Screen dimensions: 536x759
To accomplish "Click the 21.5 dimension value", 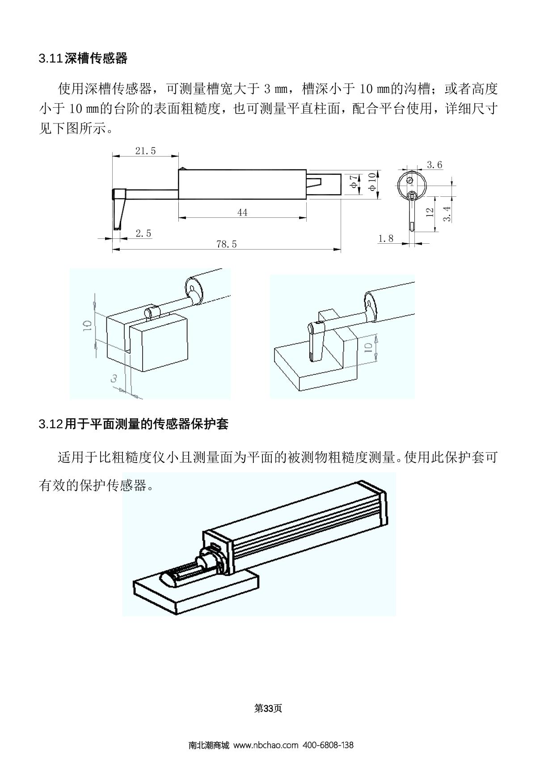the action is (146, 151).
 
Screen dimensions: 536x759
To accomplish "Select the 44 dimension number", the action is (242, 212).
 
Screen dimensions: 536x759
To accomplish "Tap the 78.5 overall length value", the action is (227, 244).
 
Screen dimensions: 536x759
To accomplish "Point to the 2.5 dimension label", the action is (143, 233).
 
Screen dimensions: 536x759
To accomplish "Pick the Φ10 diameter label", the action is (372, 182).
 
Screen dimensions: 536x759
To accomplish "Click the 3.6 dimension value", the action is (435, 165).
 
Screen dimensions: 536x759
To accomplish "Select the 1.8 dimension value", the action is (386, 238).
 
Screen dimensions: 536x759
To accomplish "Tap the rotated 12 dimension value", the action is (430, 212).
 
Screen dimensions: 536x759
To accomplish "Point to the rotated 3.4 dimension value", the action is (447, 214).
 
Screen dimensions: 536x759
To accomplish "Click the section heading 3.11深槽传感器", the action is (83, 58).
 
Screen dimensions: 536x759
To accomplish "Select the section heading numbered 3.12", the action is (133, 424).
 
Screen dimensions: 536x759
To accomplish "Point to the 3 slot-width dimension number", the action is (114, 378).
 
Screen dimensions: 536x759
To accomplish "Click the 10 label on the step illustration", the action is (369, 348).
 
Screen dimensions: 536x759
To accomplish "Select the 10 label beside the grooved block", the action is (87, 325).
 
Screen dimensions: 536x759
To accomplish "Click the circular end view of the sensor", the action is (412, 185).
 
